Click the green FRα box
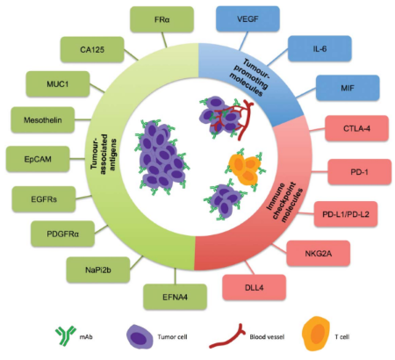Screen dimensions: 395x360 coord(162,19)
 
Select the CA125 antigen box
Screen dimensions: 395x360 coord(92,49)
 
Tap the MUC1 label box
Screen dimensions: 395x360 coord(58,84)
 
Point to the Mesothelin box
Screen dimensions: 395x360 coord(43,119)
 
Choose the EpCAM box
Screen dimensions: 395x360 coord(38,159)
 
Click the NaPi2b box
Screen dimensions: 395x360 coord(98,270)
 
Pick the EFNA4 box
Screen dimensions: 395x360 coord(175,297)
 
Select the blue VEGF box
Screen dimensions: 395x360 coord(248,19)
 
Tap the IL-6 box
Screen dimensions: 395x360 coord(320,48)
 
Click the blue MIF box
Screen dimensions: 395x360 coord(348,88)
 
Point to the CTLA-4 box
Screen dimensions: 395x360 coord(356,128)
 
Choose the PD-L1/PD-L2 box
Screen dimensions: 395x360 coord(346,214)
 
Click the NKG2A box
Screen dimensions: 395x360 coord(319,253)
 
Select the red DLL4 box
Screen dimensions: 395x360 coord(254,287)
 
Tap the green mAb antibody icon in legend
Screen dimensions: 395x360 coord(66,335)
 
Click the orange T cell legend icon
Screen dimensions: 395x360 coord(316,334)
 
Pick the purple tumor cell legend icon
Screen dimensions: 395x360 coord(140,336)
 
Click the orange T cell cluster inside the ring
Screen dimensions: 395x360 coord(245,169)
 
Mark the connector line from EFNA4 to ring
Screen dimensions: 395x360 coord(175,277)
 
